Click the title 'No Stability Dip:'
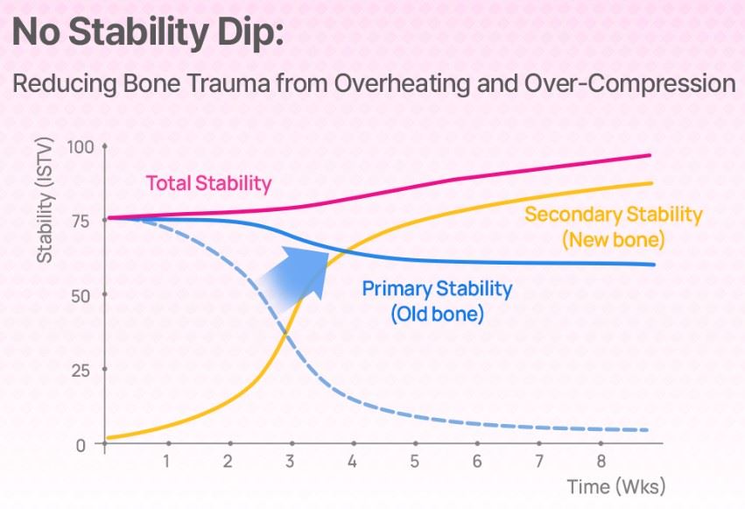tap(148, 32)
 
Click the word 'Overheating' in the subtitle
tap(402, 83)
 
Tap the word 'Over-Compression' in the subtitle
tap(630, 83)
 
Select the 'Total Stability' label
tap(208, 183)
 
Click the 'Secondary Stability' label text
tap(614, 215)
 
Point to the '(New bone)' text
tap(614, 239)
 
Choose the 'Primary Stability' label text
tap(437, 289)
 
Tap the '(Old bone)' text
tap(437, 315)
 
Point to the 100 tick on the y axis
tap(81, 147)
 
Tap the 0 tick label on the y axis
tap(81, 445)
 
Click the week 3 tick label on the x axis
tap(290, 461)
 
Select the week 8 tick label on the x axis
tap(601, 461)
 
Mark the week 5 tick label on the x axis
tap(414, 461)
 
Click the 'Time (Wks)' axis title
tap(616, 487)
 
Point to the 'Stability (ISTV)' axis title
tap(45, 200)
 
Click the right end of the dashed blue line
tap(647, 430)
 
